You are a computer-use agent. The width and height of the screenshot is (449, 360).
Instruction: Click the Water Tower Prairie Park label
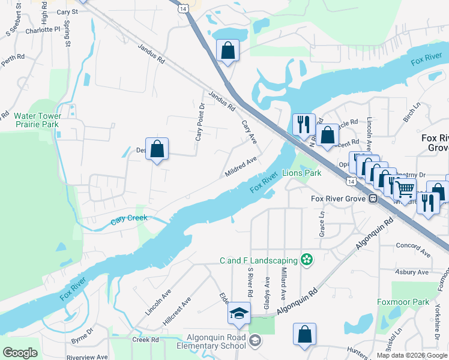pyautogui.click(x=37, y=120)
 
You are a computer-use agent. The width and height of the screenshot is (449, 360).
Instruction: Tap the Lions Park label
pyautogui.click(x=302, y=173)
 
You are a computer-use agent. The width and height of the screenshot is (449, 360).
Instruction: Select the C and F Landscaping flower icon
pyautogui.click(x=307, y=260)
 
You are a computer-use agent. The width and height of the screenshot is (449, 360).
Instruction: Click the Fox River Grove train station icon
pyautogui.click(x=373, y=199)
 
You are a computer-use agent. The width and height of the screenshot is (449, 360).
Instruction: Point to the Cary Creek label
pyautogui.click(x=128, y=220)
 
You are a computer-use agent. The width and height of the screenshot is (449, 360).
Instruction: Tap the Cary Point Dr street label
pyautogui.click(x=200, y=122)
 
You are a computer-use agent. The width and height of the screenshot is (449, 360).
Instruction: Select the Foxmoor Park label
pyautogui.click(x=403, y=302)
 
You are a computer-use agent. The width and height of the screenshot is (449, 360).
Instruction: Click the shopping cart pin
pyautogui.click(x=406, y=190)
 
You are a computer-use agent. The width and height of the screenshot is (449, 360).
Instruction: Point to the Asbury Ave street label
pyautogui.click(x=412, y=272)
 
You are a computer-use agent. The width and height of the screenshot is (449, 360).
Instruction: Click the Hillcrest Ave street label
pyautogui.click(x=176, y=311)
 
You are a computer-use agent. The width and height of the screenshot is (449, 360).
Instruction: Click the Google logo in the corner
pyautogui.click(x=20, y=353)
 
